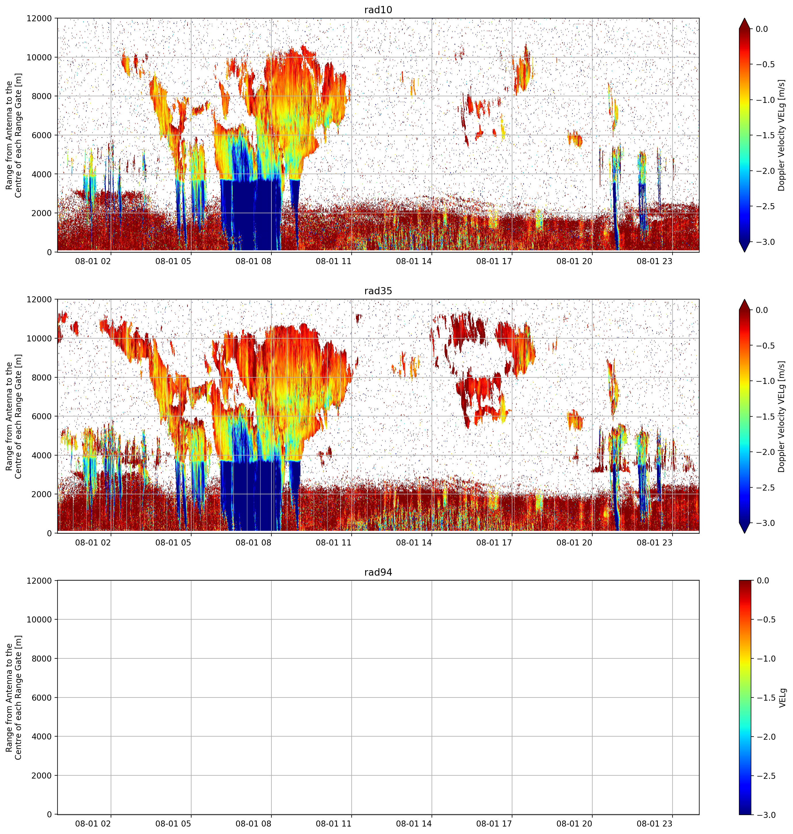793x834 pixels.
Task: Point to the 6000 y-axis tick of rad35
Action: click(43, 416)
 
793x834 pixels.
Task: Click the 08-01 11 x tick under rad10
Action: click(334, 261)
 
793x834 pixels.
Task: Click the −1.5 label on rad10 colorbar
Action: click(765, 135)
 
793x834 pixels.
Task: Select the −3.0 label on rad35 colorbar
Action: click(765, 523)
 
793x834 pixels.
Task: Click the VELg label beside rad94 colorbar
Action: click(782, 697)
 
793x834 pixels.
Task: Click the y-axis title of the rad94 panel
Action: click(14, 697)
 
